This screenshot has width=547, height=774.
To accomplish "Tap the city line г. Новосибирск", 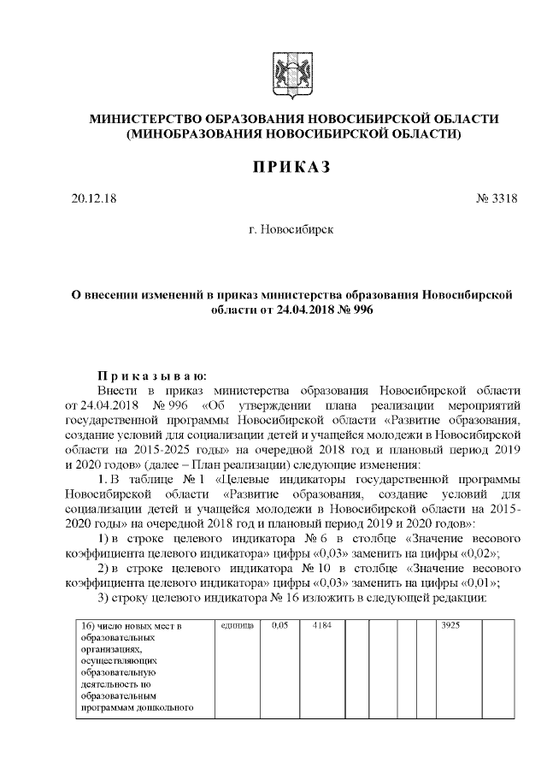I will (291, 229).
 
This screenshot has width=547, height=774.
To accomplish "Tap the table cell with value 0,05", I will (279, 626).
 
